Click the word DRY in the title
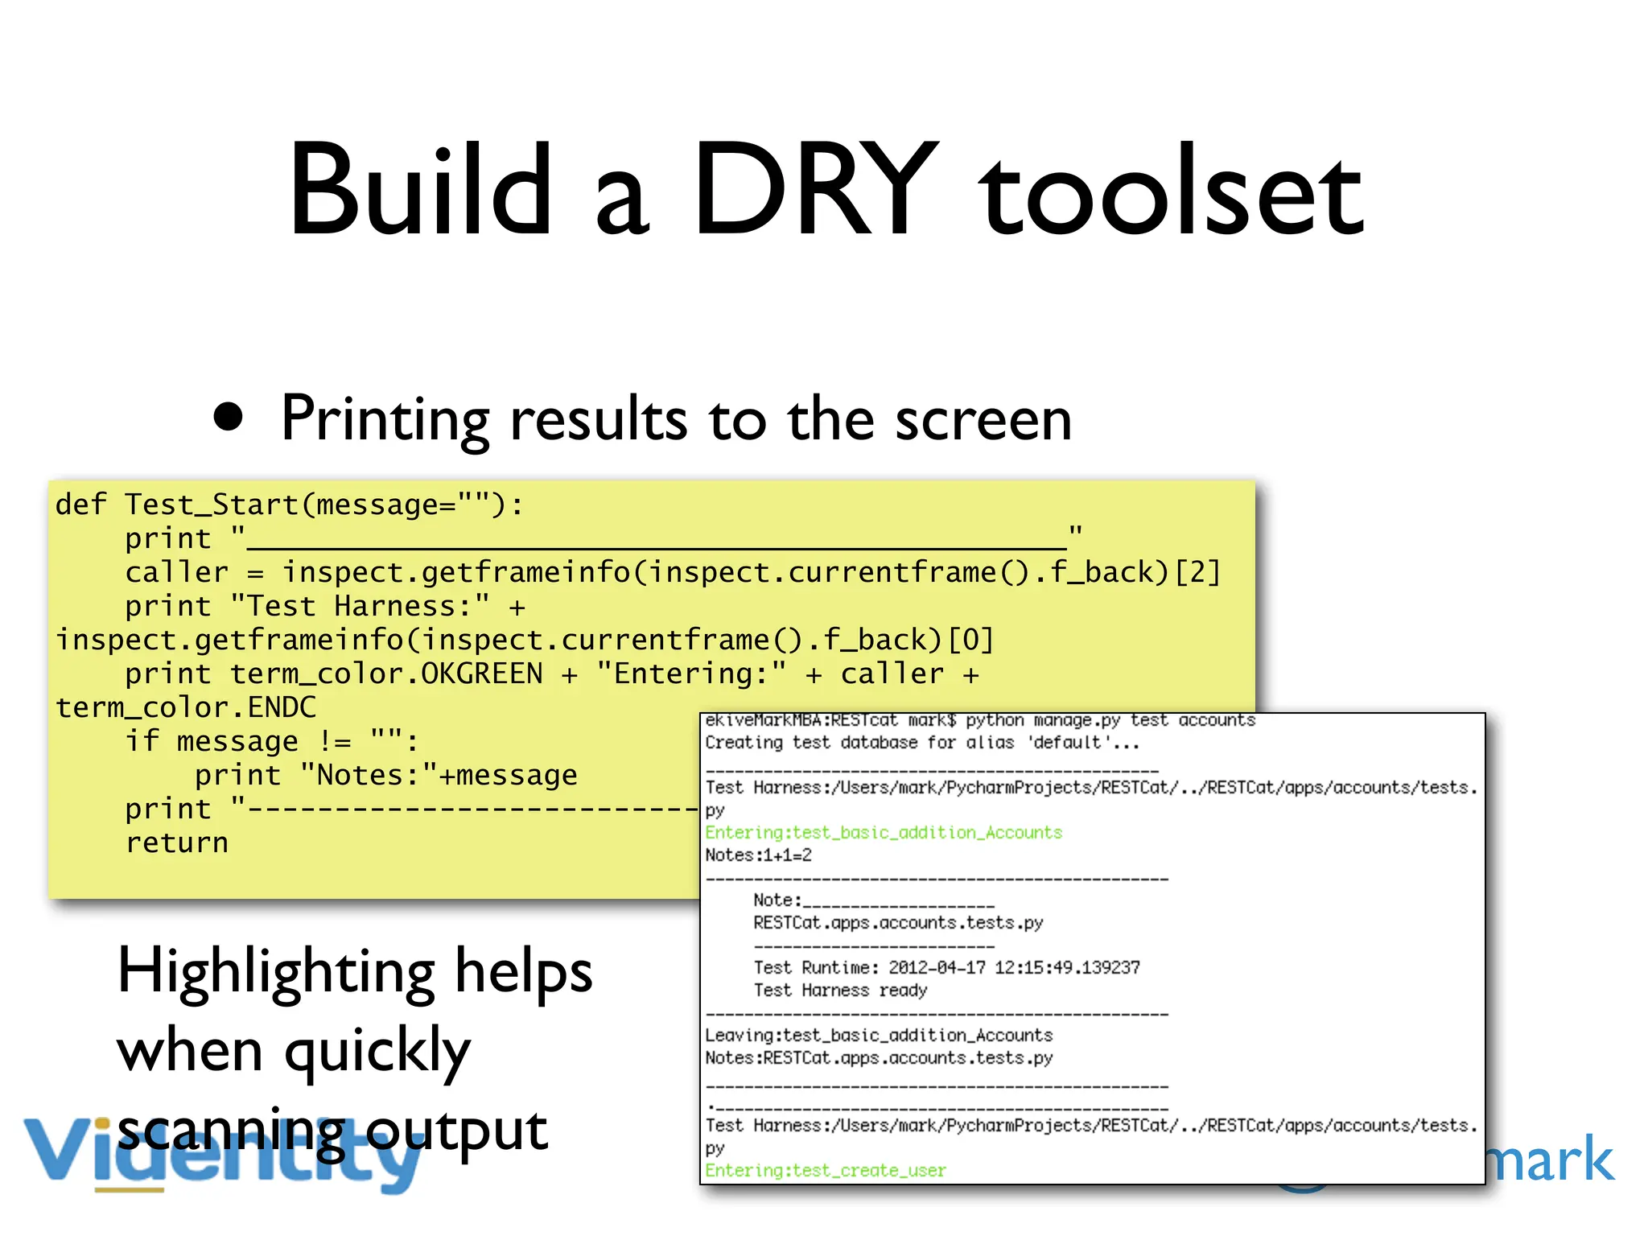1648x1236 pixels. click(814, 190)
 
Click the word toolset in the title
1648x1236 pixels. click(1171, 193)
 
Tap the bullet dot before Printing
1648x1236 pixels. click(229, 417)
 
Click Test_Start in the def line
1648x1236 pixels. click(211, 505)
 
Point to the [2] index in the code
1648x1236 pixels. click(1197, 572)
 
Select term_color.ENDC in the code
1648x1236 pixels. click(186, 707)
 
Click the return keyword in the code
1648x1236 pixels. click(177, 843)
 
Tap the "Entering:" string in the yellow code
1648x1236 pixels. click(691, 674)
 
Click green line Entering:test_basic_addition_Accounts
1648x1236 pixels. click(884, 833)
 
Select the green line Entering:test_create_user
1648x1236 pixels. click(826, 1171)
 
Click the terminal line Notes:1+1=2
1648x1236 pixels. click(758, 855)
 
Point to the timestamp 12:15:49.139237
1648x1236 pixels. click(1067, 967)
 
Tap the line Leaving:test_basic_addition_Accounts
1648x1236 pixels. click(879, 1036)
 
